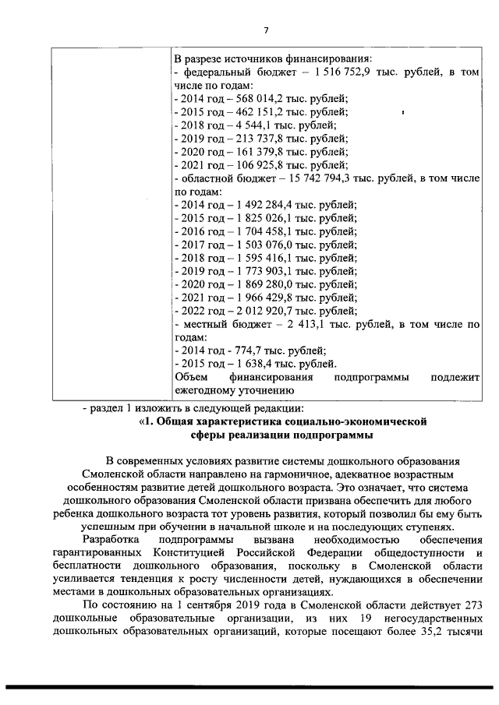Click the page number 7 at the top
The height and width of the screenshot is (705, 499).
coord(265,30)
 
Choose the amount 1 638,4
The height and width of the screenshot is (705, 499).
coord(247,365)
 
